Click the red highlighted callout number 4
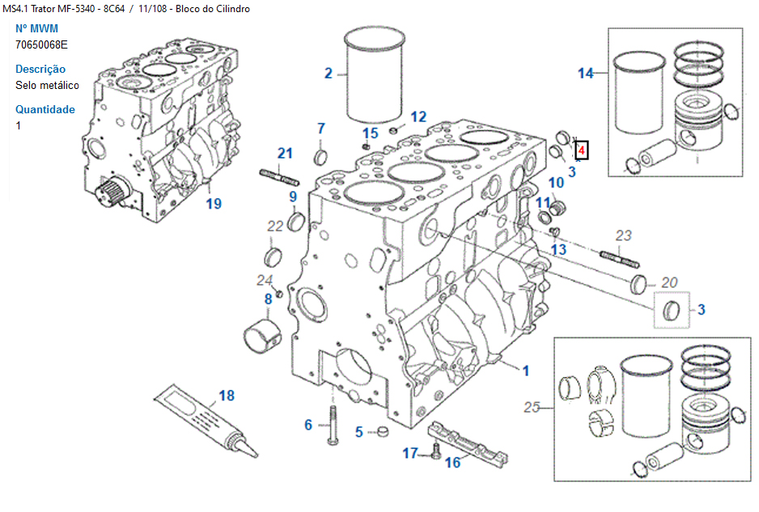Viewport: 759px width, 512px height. (581, 150)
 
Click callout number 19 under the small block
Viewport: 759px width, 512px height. (213, 203)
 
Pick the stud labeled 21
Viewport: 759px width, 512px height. (280, 176)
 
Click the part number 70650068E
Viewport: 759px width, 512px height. (41, 44)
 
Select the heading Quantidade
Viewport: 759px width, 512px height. (45, 110)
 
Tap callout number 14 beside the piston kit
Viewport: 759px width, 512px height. (585, 74)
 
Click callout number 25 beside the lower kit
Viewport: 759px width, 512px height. (532, 407)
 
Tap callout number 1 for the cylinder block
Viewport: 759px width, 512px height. (525, 370)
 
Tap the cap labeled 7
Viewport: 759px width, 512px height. (320, 155)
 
